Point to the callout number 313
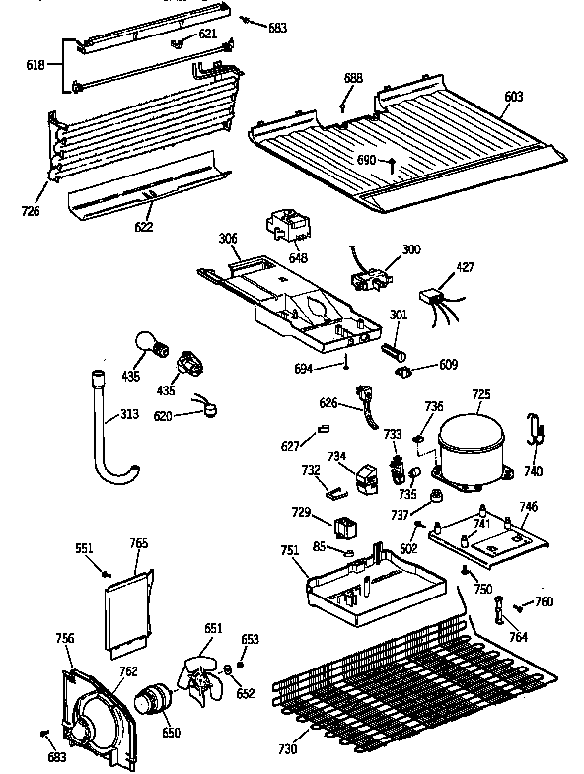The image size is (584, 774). click(x=130, y=415)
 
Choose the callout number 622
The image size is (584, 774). click(x=145, y=226)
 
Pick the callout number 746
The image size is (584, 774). click(x=528, y=506)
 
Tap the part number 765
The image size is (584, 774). click(x=139, y=543)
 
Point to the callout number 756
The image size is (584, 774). click(x=65, y=639)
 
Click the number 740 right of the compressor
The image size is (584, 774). click(x=533, y=471)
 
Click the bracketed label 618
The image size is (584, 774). click(x=35, y=64)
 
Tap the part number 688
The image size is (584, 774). click(x=352, y=77)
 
